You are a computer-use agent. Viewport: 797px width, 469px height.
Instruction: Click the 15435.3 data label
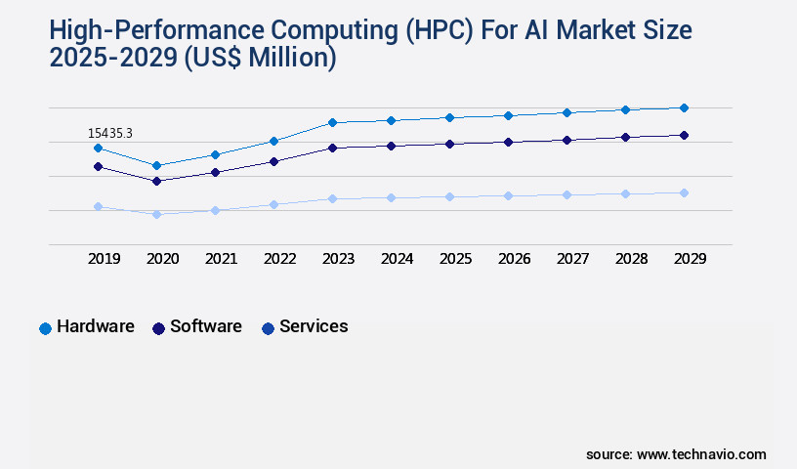pos(109,133)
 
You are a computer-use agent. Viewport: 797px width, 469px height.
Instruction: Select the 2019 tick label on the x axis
pos(104,259)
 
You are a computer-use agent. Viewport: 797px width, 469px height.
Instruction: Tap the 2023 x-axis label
pos(338,259)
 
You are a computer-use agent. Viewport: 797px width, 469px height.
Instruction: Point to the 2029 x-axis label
pos(690,259)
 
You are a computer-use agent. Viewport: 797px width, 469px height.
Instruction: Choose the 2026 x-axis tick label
pos(514,259)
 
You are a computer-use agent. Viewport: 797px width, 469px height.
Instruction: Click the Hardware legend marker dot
pos(45,328)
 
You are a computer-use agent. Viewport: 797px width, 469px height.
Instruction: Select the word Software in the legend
pos(205,326)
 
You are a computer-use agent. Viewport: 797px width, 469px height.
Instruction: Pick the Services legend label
pos(314,326)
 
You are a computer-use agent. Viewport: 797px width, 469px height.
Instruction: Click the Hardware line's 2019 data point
pos(98,148)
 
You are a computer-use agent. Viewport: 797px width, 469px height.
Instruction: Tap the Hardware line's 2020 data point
pos(156,165)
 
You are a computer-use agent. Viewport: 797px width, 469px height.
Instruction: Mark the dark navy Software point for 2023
pos(332,148)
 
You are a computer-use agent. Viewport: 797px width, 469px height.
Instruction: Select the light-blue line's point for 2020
pos(156,214)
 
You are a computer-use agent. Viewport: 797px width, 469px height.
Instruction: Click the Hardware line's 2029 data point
pos(684,107)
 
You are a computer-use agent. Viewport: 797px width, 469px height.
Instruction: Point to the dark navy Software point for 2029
pos(684,135)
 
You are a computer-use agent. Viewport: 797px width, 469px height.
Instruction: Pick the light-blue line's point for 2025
pos(449,196)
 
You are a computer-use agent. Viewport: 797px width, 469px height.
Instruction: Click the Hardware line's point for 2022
pos(273,141)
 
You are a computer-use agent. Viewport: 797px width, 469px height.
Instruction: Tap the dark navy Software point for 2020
pos(156,181)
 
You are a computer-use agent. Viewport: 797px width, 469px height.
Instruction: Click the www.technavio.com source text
pos(701,454)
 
